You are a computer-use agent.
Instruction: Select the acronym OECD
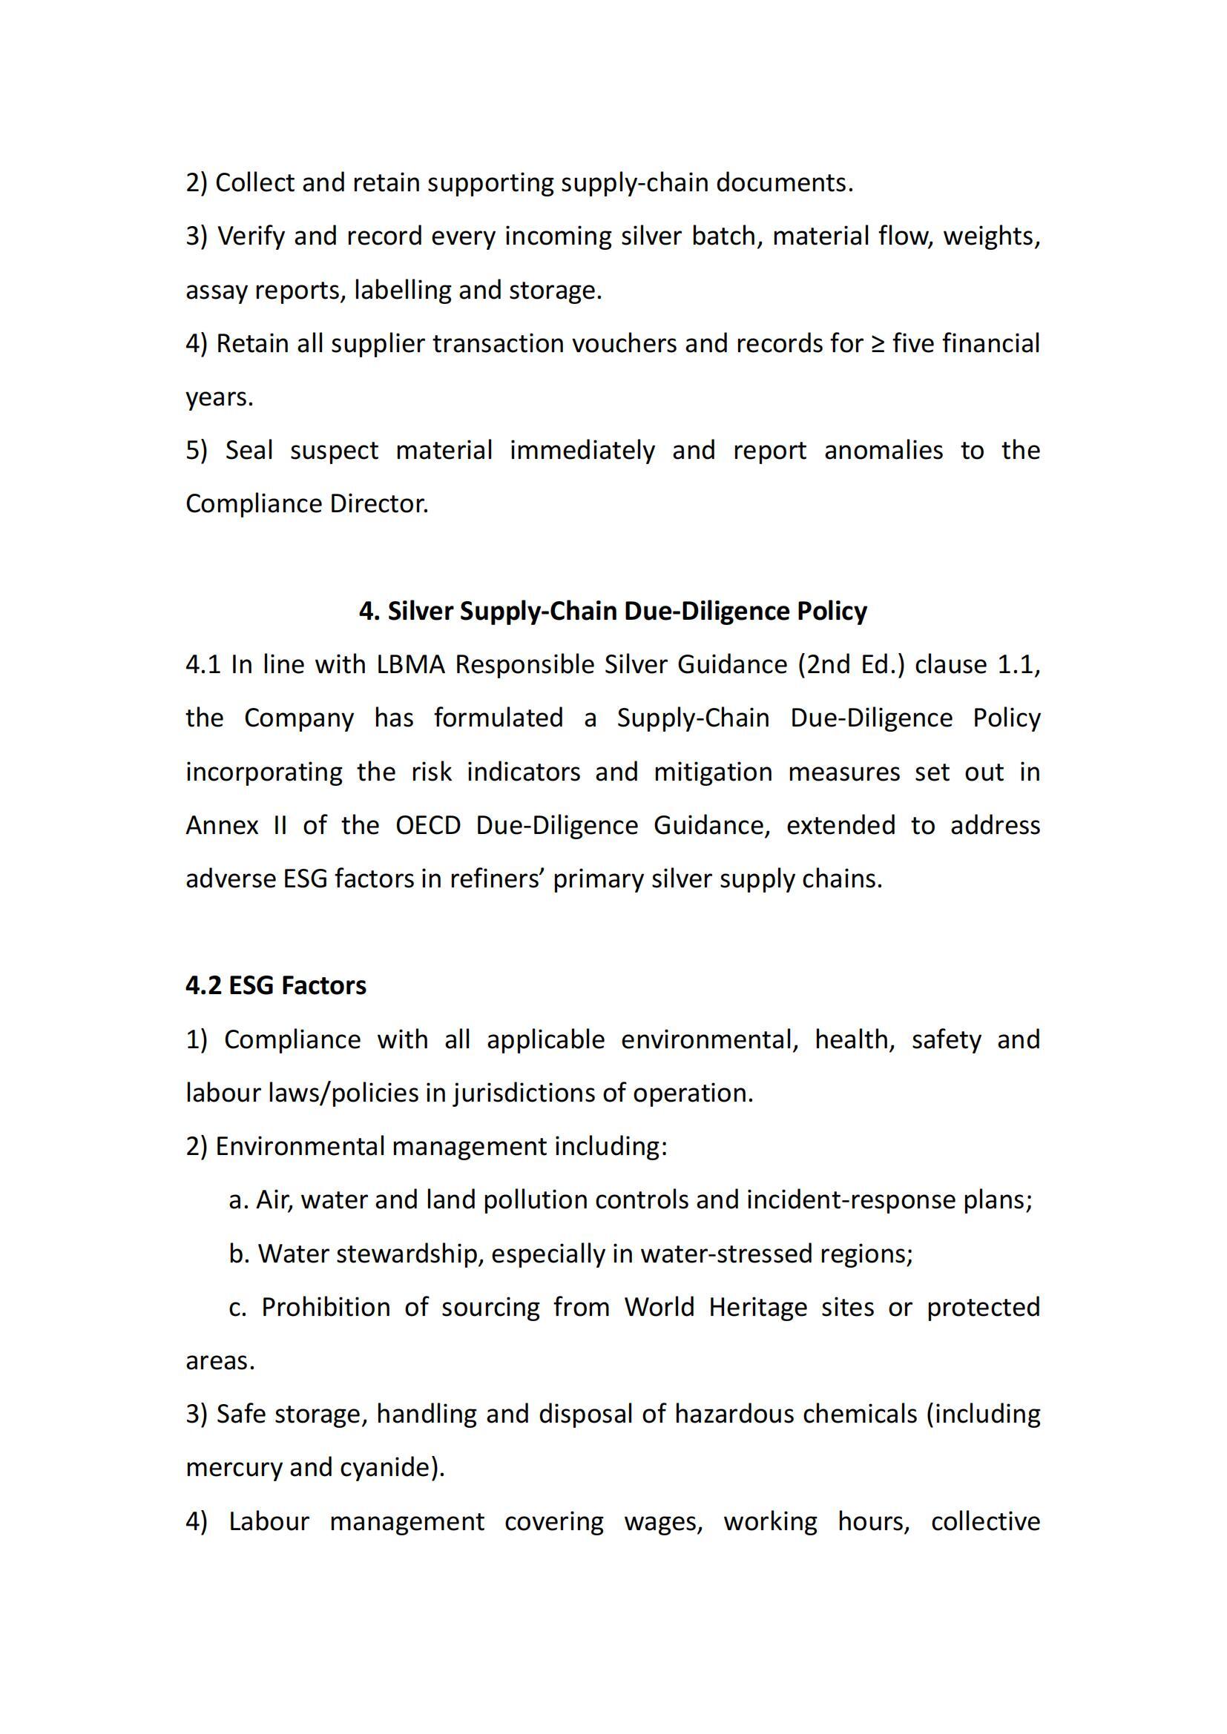point(427,825)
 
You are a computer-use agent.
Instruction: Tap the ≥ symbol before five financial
point(877,344)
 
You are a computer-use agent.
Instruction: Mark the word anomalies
point(884,450)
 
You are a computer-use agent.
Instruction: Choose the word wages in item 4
point(663,1521)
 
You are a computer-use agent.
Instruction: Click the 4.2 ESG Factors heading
point(276,985)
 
